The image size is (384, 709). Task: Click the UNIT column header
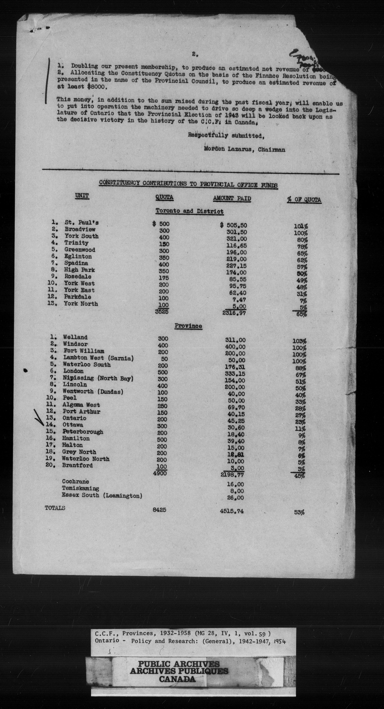click(x=82, y=196)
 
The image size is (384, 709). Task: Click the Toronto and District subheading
click(x=190, y=211)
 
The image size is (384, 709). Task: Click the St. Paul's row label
click(x=82, y=222)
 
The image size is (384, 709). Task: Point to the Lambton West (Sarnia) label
click(x=98, y=358)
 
